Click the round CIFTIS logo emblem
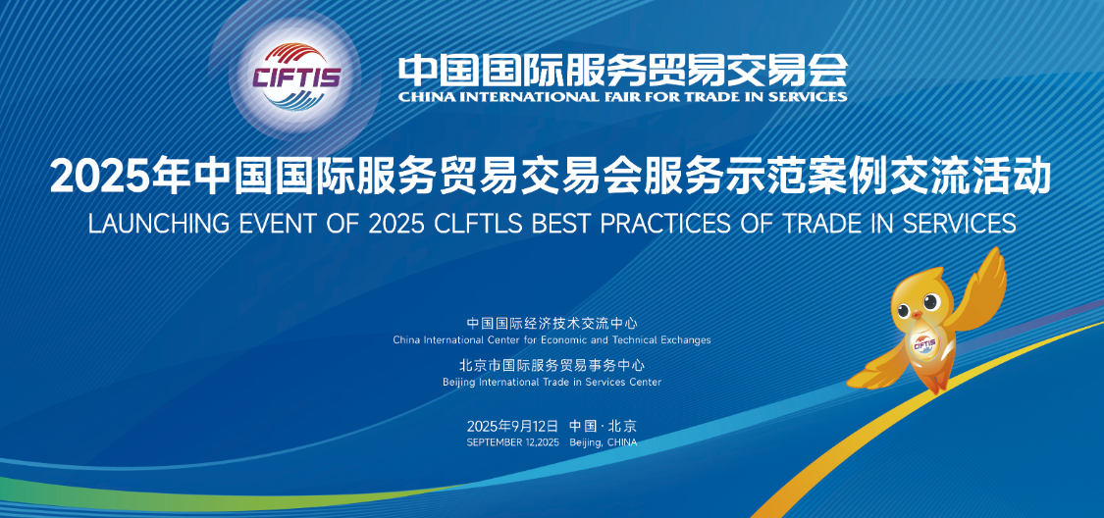tap(295, 76)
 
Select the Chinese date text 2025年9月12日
tap(512, 426)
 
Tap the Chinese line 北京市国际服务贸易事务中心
tap(552, 365)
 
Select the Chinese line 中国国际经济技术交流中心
tap(552, 323)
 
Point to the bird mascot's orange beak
tap(916, 316)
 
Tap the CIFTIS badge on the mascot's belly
tap(924, 344)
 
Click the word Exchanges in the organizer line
tap(687, 339)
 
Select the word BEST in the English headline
tap(554, 223)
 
